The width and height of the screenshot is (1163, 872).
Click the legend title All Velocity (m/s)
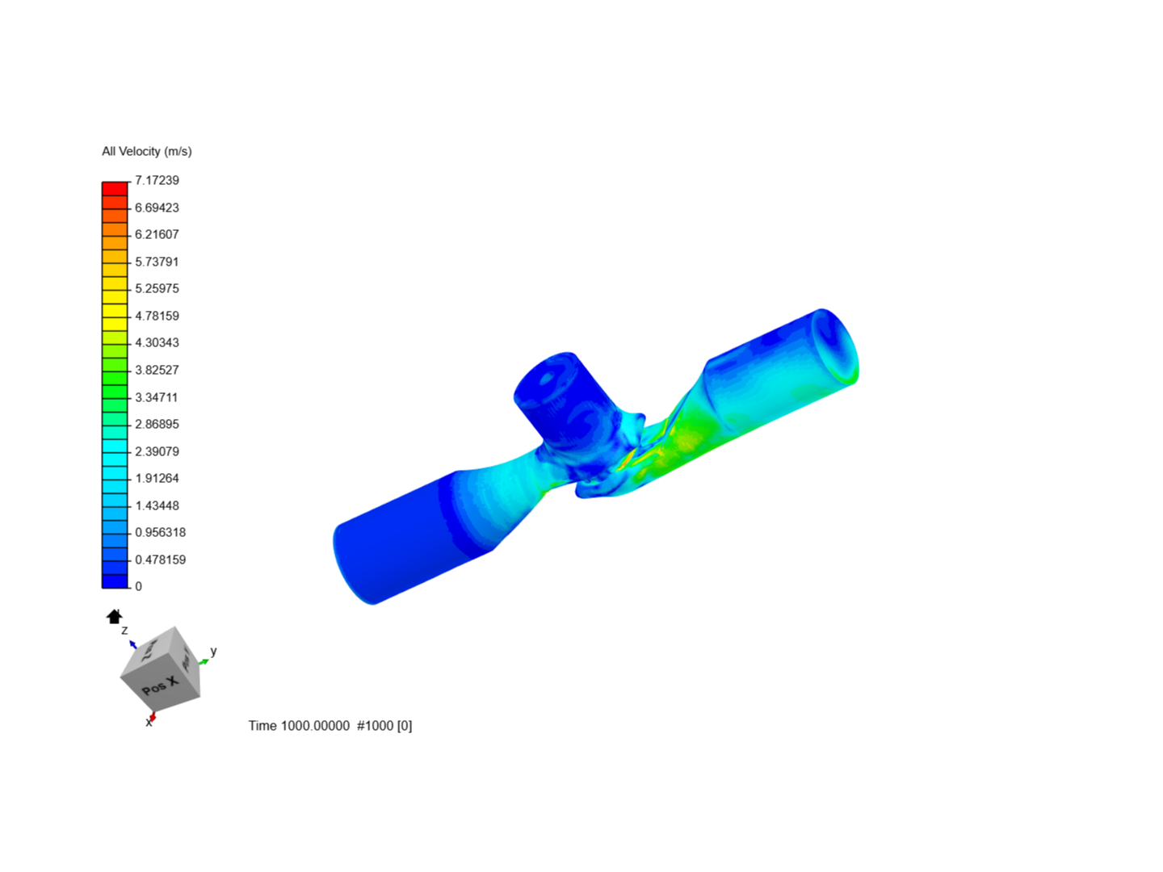click(146, 151)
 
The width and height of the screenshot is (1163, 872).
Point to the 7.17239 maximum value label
click(157, 180)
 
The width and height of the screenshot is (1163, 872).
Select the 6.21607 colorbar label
click(157, 234)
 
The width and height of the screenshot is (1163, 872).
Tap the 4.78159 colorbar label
click(157, 316)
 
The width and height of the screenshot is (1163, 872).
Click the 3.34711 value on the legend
click(157, 397)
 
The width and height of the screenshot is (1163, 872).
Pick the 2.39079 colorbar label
click(157, 451)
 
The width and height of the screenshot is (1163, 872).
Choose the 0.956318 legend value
click(160, 532)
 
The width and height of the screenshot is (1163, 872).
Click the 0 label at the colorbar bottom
click(138, 586)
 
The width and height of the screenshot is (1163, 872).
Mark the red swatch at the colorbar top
click(115, 189)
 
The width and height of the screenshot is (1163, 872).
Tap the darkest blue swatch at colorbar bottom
click(115, 581)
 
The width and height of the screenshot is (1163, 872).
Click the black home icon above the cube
click(114, 617)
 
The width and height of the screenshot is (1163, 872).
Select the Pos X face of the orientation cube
click(160, 685)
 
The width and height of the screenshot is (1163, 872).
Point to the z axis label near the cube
click(124, 630)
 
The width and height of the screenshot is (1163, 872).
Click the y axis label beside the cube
click(213, 651)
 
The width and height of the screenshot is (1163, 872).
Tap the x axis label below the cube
click(149, 723)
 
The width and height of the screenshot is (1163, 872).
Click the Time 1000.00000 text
click(299, 726)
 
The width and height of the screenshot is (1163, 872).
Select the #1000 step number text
click(376, 726)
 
